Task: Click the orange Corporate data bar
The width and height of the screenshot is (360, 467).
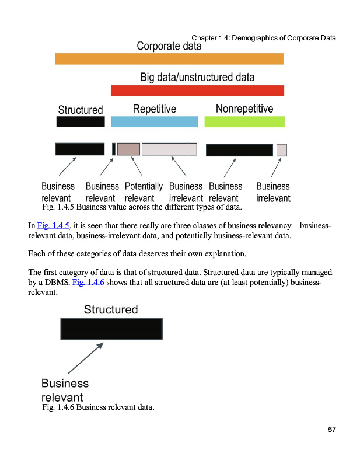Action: pos(169,58)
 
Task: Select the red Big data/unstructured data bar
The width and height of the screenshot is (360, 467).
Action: pos(197,90)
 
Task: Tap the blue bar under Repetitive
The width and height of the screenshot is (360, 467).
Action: pos(154,121)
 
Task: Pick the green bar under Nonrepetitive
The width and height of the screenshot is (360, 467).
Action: pos(244,121)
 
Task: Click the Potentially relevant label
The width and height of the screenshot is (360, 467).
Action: pos(144,193)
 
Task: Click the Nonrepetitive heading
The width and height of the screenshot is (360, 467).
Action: pos(244,109)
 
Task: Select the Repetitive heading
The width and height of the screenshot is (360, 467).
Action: pos(154,109)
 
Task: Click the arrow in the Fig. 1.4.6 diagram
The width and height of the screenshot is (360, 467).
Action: pos(85,358)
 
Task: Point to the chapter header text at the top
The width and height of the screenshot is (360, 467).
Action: pos(264,39)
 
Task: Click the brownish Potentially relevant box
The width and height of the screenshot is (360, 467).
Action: pos(128,149)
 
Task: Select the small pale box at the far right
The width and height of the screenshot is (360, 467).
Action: pos(282,149)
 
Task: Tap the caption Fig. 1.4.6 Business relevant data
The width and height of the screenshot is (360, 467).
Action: pos(98,407)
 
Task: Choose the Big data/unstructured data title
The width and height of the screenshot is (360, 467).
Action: pos(197,77)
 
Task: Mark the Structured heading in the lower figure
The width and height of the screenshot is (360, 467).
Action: pos(111,309)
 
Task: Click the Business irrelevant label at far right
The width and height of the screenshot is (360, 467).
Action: pos(273,193)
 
